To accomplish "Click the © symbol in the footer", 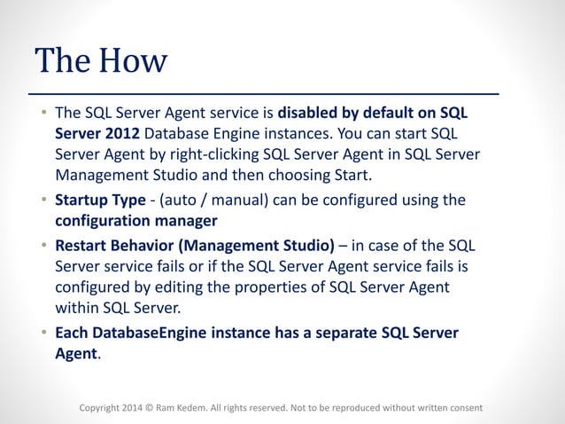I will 148,408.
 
